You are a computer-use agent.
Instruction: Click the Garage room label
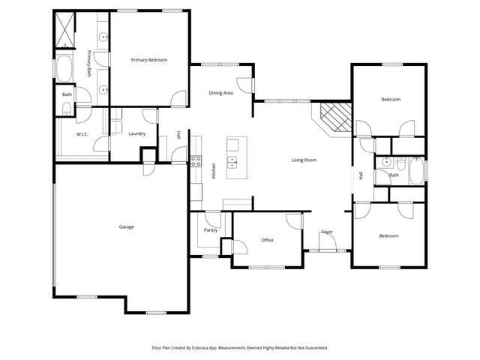click(126, 226)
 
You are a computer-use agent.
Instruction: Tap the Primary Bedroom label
click(149, 60)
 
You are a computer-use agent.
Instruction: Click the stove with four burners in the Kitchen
click(196, 160)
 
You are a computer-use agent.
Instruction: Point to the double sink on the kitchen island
click(233, 160)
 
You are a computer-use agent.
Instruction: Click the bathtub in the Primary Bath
click(64, 71)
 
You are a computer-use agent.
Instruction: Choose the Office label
click(267, 240)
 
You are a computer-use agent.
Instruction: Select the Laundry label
click(136, 133)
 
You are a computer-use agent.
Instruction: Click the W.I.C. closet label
click(82, 134)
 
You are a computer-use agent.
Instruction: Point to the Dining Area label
click(220, 93)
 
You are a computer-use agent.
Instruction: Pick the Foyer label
click(327, 232)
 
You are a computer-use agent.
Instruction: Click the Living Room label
click(304, 160)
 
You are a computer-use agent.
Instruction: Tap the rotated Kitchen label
click(214, 171)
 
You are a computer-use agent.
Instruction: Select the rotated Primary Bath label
click(88, 64)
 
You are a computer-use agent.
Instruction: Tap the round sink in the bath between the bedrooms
click(383, 163)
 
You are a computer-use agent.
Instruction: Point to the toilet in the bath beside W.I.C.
click(66, 109)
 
